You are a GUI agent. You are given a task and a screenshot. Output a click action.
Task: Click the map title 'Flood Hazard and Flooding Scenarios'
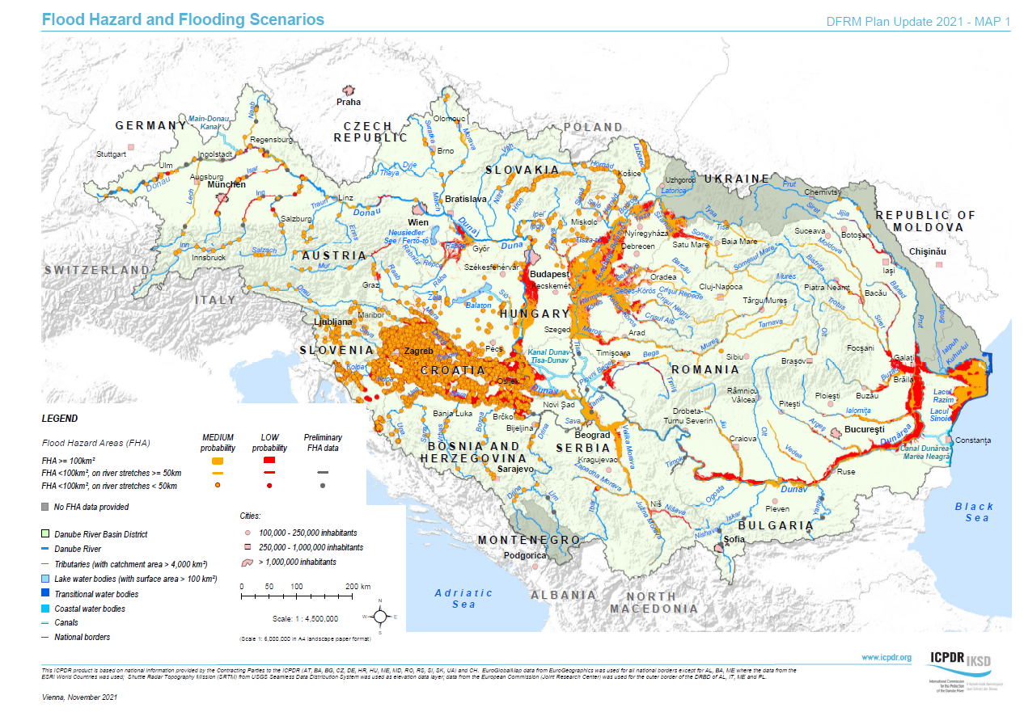183,19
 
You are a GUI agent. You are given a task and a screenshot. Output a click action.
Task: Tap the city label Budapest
549,275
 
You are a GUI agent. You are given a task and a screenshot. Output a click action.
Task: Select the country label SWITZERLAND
97,270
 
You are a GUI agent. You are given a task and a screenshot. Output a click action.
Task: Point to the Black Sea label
974,512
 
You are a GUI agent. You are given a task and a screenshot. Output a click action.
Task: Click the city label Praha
349,102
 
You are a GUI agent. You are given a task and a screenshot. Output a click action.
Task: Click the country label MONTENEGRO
529,540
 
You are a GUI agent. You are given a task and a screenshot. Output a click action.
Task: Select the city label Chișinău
927,252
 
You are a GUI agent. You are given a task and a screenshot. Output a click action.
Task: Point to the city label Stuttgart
112,154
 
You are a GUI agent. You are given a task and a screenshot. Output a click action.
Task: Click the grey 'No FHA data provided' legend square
45,507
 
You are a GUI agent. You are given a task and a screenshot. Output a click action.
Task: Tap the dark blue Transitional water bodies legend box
45,594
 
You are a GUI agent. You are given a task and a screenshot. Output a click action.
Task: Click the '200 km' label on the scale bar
358,586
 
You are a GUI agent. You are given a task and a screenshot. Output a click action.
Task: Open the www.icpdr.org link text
886,658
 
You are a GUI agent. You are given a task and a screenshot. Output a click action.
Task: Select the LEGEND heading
60,419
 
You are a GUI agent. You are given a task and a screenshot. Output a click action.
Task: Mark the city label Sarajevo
515,469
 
